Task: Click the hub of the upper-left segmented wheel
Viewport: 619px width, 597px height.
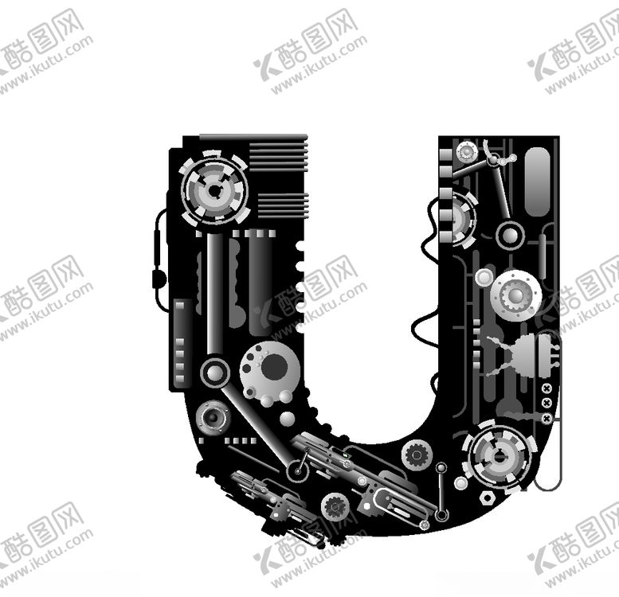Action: click(214, 191)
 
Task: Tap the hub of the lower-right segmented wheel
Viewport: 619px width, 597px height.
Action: click(500, 458)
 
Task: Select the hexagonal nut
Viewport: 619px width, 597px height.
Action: click(488, 498)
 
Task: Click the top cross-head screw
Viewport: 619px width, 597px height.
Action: click(547, 388)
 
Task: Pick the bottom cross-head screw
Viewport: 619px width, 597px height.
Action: click(547, 418)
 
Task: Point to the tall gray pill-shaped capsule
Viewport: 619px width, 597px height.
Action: click(537, 181)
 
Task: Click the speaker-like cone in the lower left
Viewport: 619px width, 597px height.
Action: click(213, 417)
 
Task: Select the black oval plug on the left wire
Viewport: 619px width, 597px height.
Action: click(159, 278)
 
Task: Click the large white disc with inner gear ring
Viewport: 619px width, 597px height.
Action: click(516, 296)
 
